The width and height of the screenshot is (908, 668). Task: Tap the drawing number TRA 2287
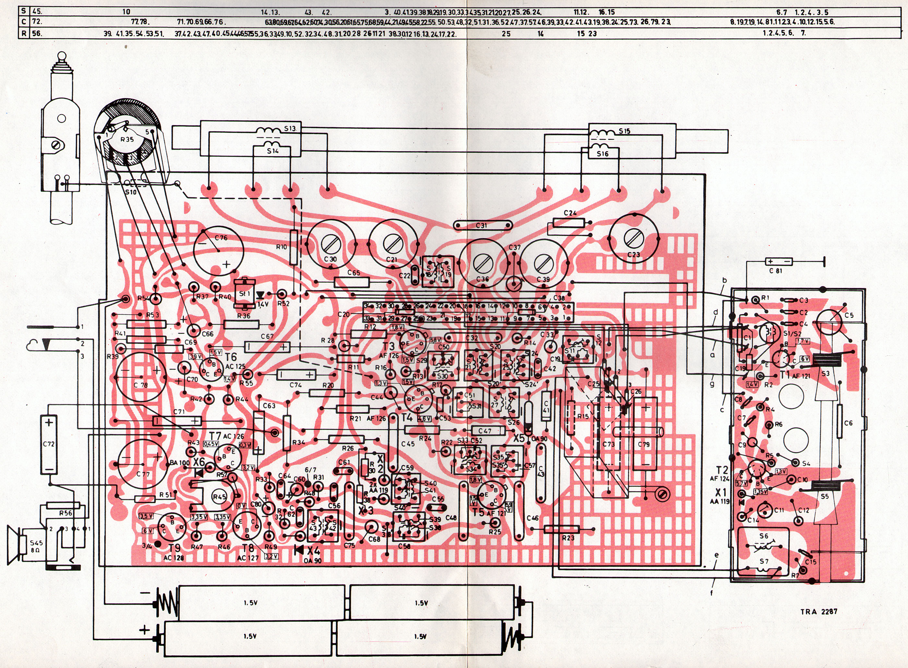point(818,611)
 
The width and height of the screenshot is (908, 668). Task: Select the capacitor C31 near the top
point(482,225)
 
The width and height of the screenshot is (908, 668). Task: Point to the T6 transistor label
point(231,357)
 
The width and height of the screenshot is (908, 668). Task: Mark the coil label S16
point(603,154)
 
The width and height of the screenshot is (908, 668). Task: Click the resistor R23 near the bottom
point(562,530)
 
